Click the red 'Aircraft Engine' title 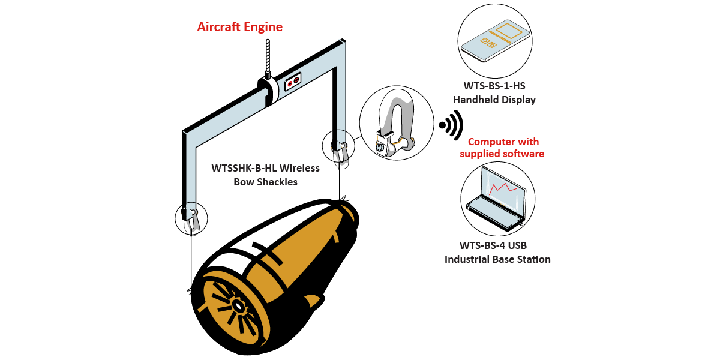tap(240, 27)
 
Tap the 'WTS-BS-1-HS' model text tap(494, 86)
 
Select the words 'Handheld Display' tap(494, 100)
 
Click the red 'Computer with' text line tap(503, 142)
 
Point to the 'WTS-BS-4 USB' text tap(493, 245)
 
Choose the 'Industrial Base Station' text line tap(497, 259)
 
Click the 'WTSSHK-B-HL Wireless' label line tap(266, 168)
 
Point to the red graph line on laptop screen tap(503, 188)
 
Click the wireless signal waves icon tap(451, 125)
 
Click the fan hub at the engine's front tap(238, 306)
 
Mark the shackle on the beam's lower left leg tap(192, 218)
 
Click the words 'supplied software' tap(502, 154)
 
